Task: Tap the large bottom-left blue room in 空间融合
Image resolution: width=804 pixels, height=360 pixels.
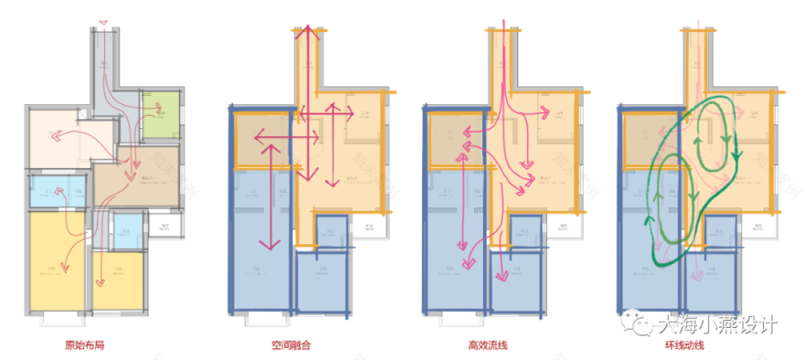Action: pos(259,265)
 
